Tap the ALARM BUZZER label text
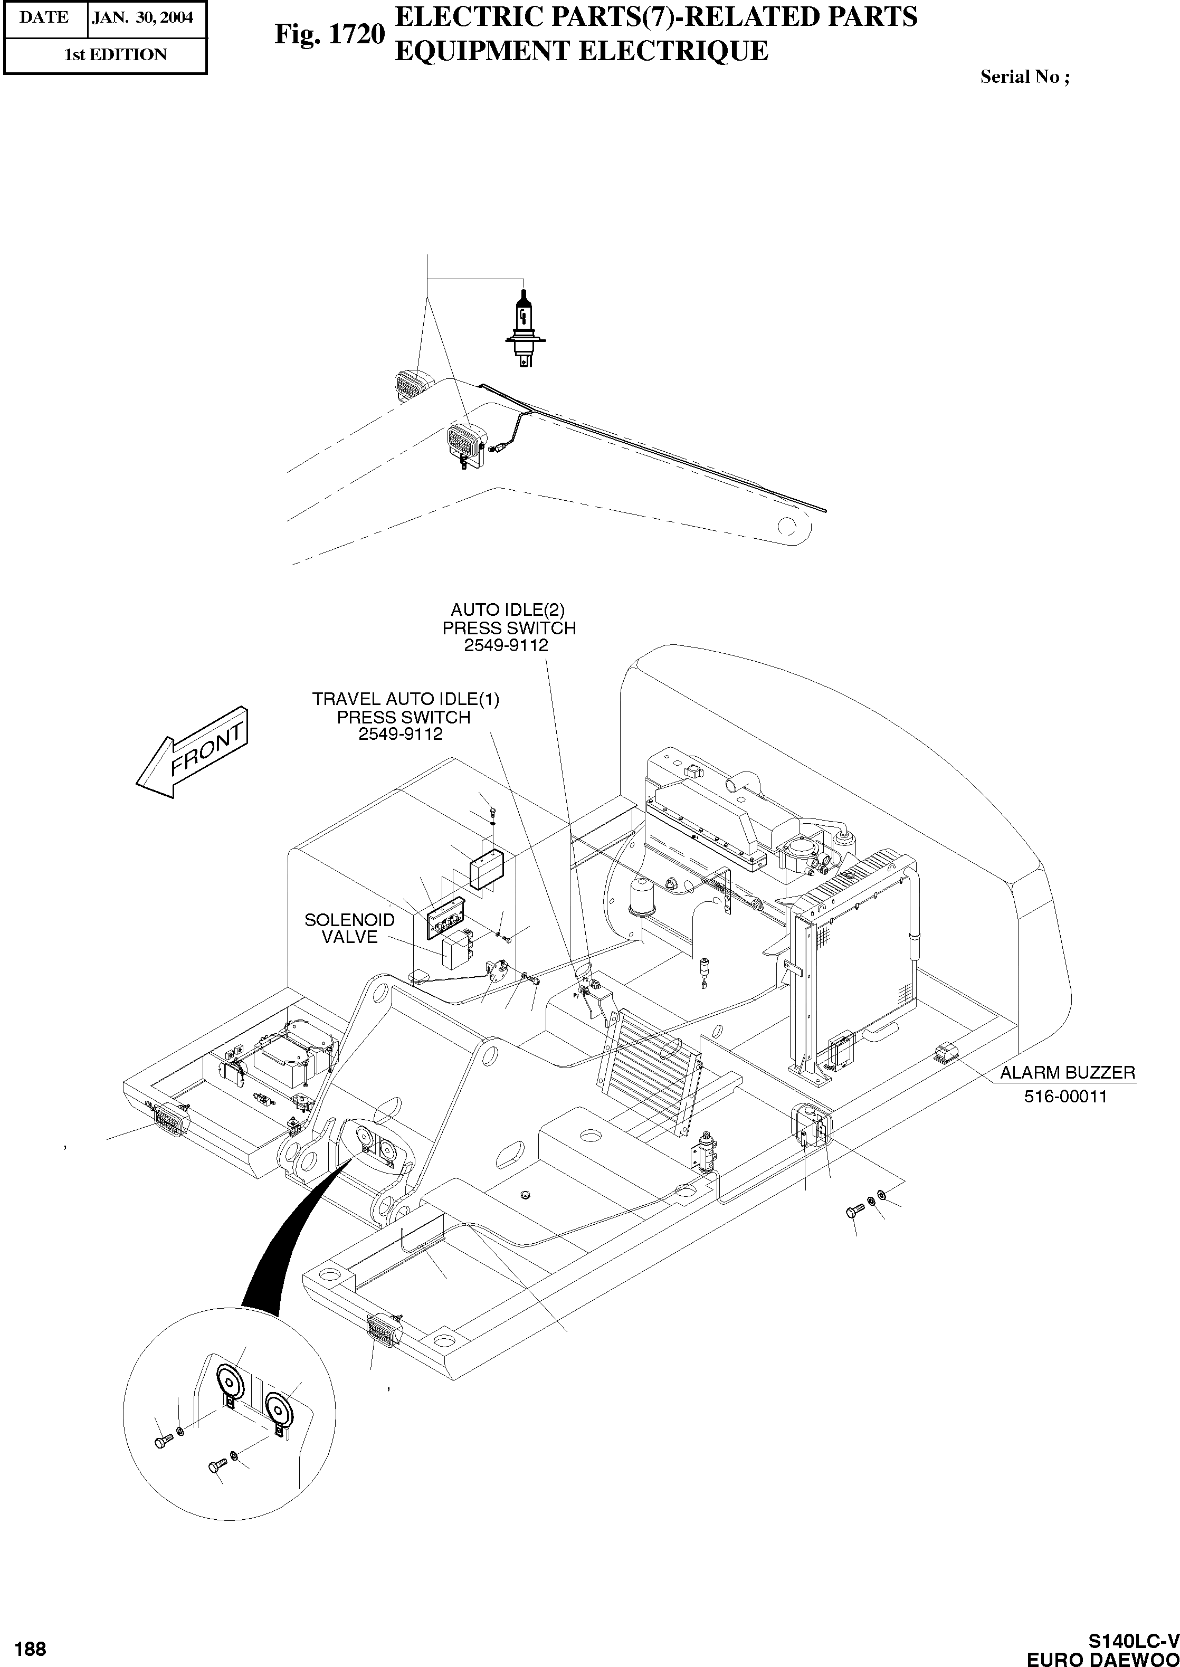(x=1067, y=1073)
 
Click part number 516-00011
(x=1065, y=1097)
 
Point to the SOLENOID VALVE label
(x=349, y=928)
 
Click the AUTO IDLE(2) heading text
(x=507, y=609)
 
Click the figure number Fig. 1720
(x=328, y=34)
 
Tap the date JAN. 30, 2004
(x=142, y=17)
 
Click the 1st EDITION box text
(x=116, y=54)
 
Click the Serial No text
(x=1024, y=77)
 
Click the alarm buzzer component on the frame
(x=945, y=1052)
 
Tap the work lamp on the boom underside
(x=464, y=441)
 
